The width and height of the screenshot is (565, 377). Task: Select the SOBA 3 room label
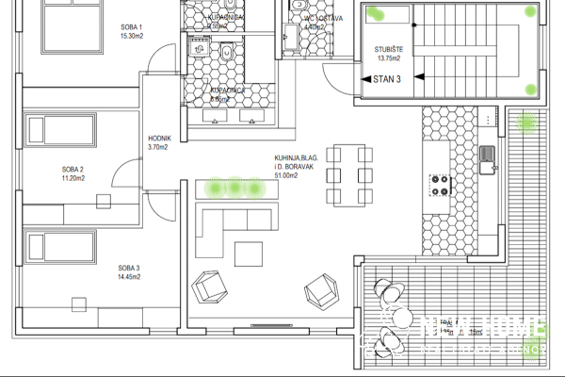pyautogui.click(x=129, y=270)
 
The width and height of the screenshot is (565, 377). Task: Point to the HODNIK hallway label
pyautogui.click(x=158, y=138)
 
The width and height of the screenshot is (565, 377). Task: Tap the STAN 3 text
pyautogui.click(x=387, y=80)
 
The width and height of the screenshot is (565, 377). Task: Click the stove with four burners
pyautogui.click(x=440, y=185)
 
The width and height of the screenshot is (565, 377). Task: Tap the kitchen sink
pyautogui.click(x=487, y=160)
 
